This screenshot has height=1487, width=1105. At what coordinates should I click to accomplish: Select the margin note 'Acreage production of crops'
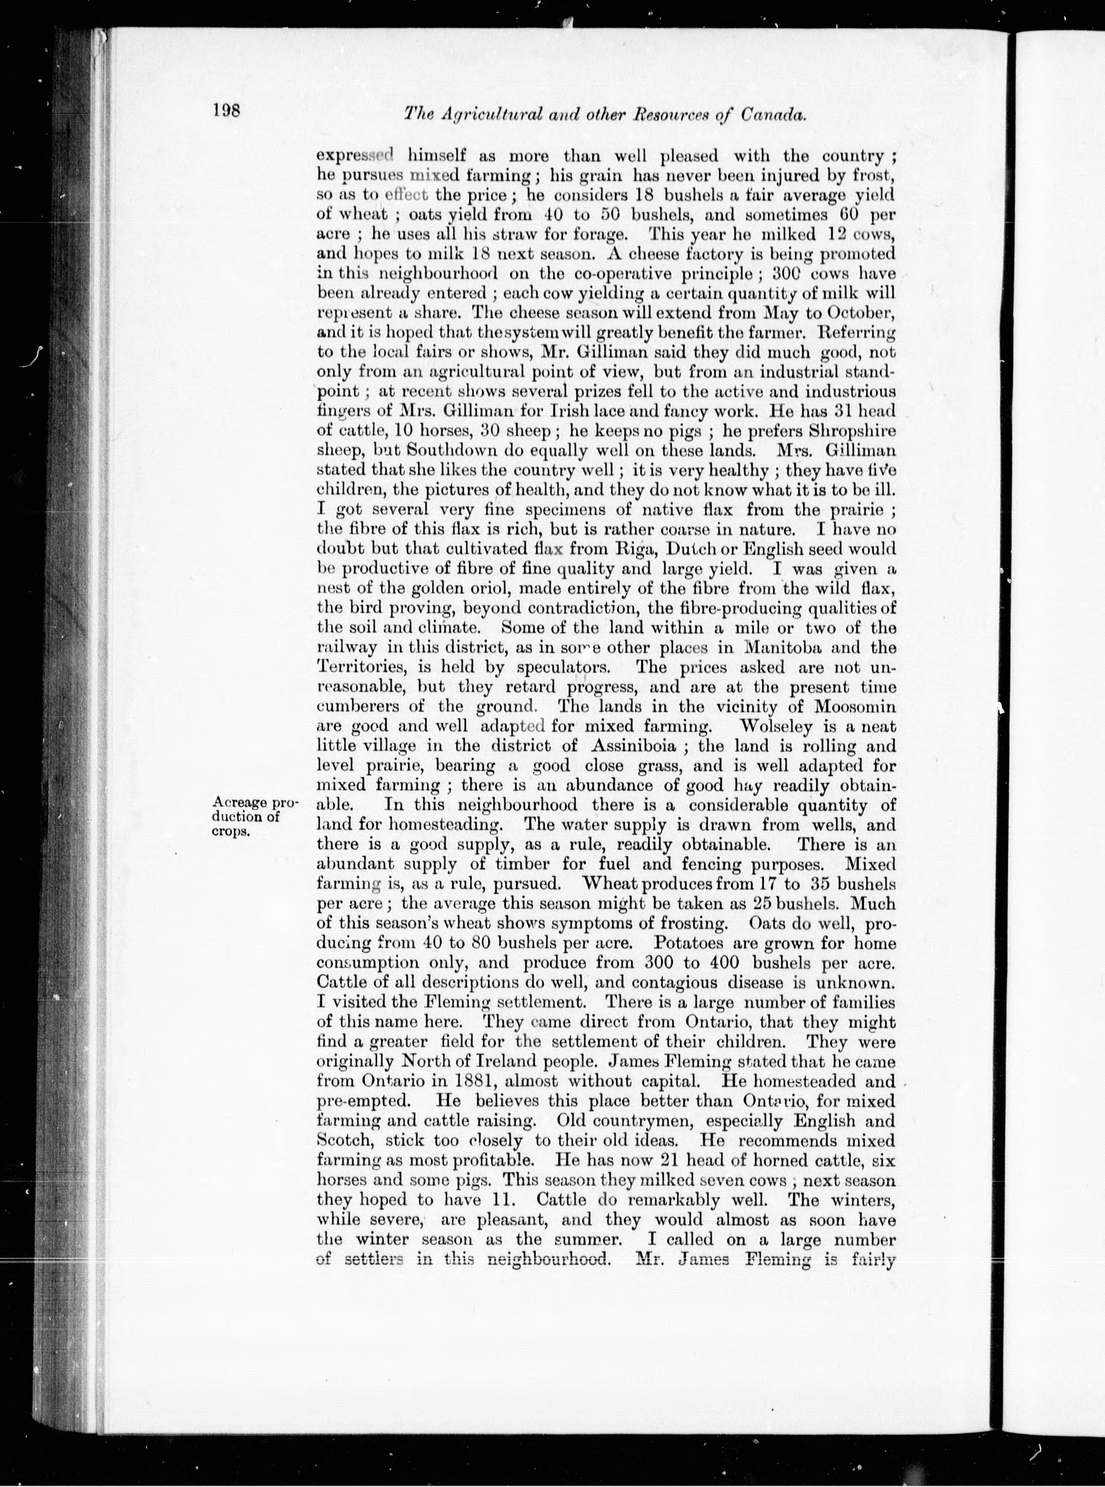click(x=255, y=816)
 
